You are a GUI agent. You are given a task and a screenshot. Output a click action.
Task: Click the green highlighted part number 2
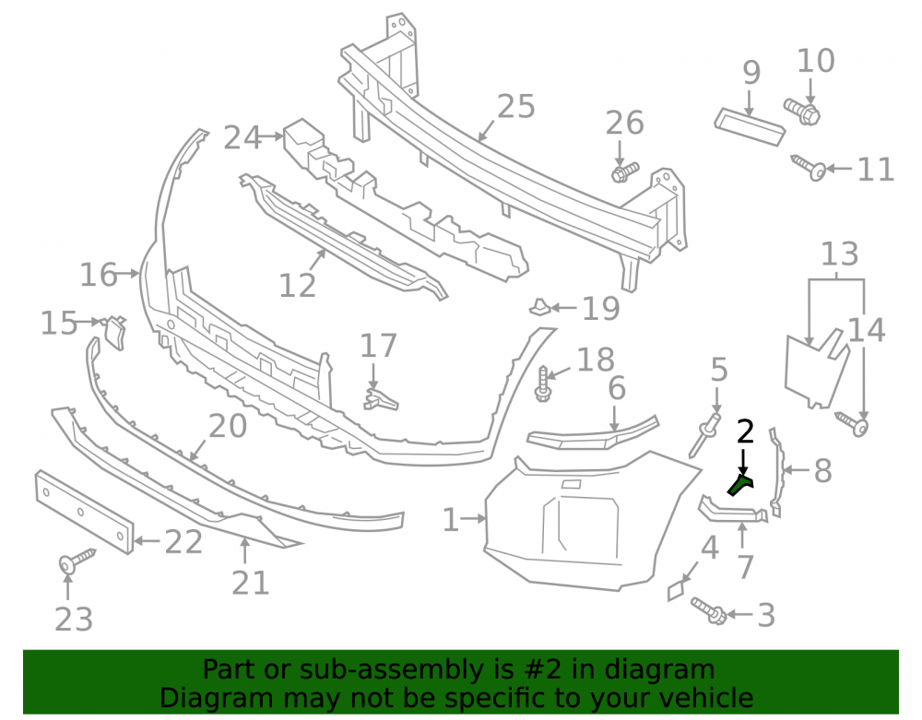coord(740,485)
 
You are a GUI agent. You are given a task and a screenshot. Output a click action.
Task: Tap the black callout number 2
coord(745,432)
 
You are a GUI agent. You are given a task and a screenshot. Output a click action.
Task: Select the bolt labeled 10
coord(803,112)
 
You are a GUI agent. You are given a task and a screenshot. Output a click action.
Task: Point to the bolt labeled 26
coord(625,172)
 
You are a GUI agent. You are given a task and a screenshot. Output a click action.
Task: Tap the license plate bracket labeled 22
coord(84,512)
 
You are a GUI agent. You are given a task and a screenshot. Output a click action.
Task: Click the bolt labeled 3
coord(708,610)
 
